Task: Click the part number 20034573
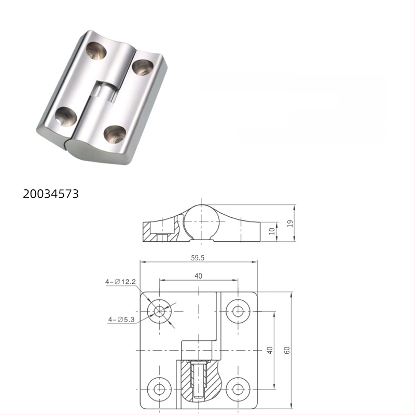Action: [51, 194]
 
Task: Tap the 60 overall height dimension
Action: [287, 350]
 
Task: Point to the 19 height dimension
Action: [290, 224]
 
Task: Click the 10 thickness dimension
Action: [272, 231]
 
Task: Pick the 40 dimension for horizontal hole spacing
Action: [198, 276]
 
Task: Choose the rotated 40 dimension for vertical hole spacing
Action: [269, 350]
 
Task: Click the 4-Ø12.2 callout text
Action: [120, 282]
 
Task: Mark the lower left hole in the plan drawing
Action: [159, 388]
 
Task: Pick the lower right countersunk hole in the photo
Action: [115, 134]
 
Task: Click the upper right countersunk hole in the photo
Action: [143, 67]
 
